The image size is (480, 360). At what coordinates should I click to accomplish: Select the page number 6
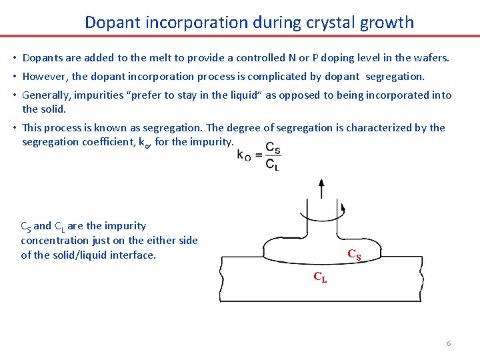pyautogui.click(x=449, y=343)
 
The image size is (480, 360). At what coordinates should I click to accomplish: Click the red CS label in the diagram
pyautogui.click(x=354, y=254)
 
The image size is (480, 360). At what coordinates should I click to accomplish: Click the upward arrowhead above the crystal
pyautogui.click(x=321, y=183)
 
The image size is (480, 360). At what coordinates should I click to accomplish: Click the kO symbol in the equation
pyautogui.click(x=244, y=155)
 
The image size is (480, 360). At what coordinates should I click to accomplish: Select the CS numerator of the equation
pyautogui.click(x=273, y=147)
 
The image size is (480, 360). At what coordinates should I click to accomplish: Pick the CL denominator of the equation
pyautogui.click(x=273, y=164)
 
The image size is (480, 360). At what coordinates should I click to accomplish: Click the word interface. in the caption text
pyautogui.click(x=133, y=255)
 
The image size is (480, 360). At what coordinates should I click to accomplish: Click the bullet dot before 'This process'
pyautogui.click(x=15, y=128)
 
